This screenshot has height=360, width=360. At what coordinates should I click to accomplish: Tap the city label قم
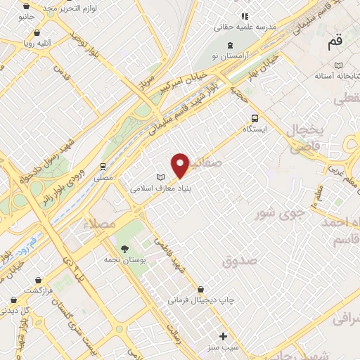[x=335, y=41]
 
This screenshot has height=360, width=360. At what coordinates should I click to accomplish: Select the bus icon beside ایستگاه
[x=255, y=118]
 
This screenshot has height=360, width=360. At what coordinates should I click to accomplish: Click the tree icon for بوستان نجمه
[x=124, y=249]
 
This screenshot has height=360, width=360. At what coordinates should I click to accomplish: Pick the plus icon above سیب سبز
[x=224, y=336]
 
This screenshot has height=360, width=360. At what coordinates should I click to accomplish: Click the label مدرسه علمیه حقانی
[x=246, y=27]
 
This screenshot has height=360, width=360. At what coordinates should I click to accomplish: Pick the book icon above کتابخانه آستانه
[x=338, y=64]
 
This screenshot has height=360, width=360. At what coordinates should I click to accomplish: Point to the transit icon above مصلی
[x=103, y=167]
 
